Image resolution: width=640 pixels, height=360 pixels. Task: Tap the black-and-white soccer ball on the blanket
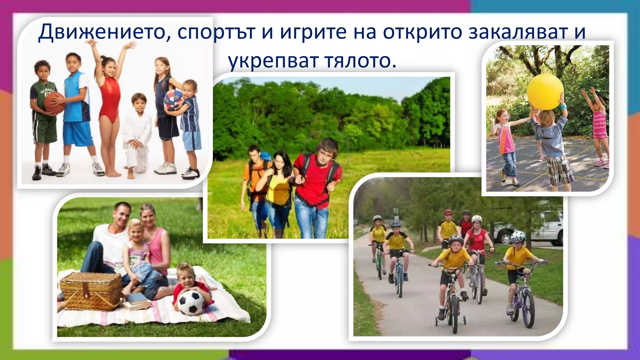(x=191, y=302)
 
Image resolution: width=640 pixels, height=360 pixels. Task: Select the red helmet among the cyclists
(x=448, y=212)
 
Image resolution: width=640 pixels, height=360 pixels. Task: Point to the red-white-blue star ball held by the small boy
(x=172, y=100)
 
